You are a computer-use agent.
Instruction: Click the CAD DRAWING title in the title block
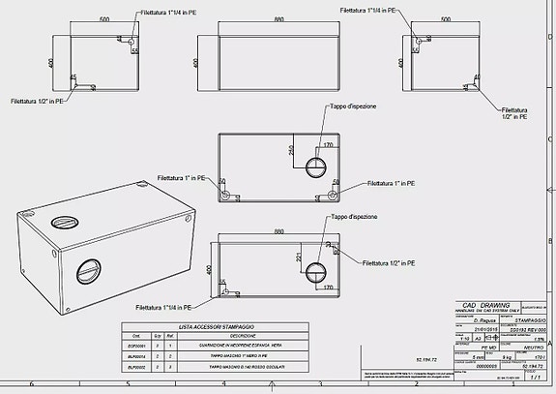[486, 304]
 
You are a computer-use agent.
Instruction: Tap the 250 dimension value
[290, 151]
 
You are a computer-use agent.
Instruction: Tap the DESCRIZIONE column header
[228, 337]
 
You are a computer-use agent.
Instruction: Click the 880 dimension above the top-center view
[278, 18]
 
